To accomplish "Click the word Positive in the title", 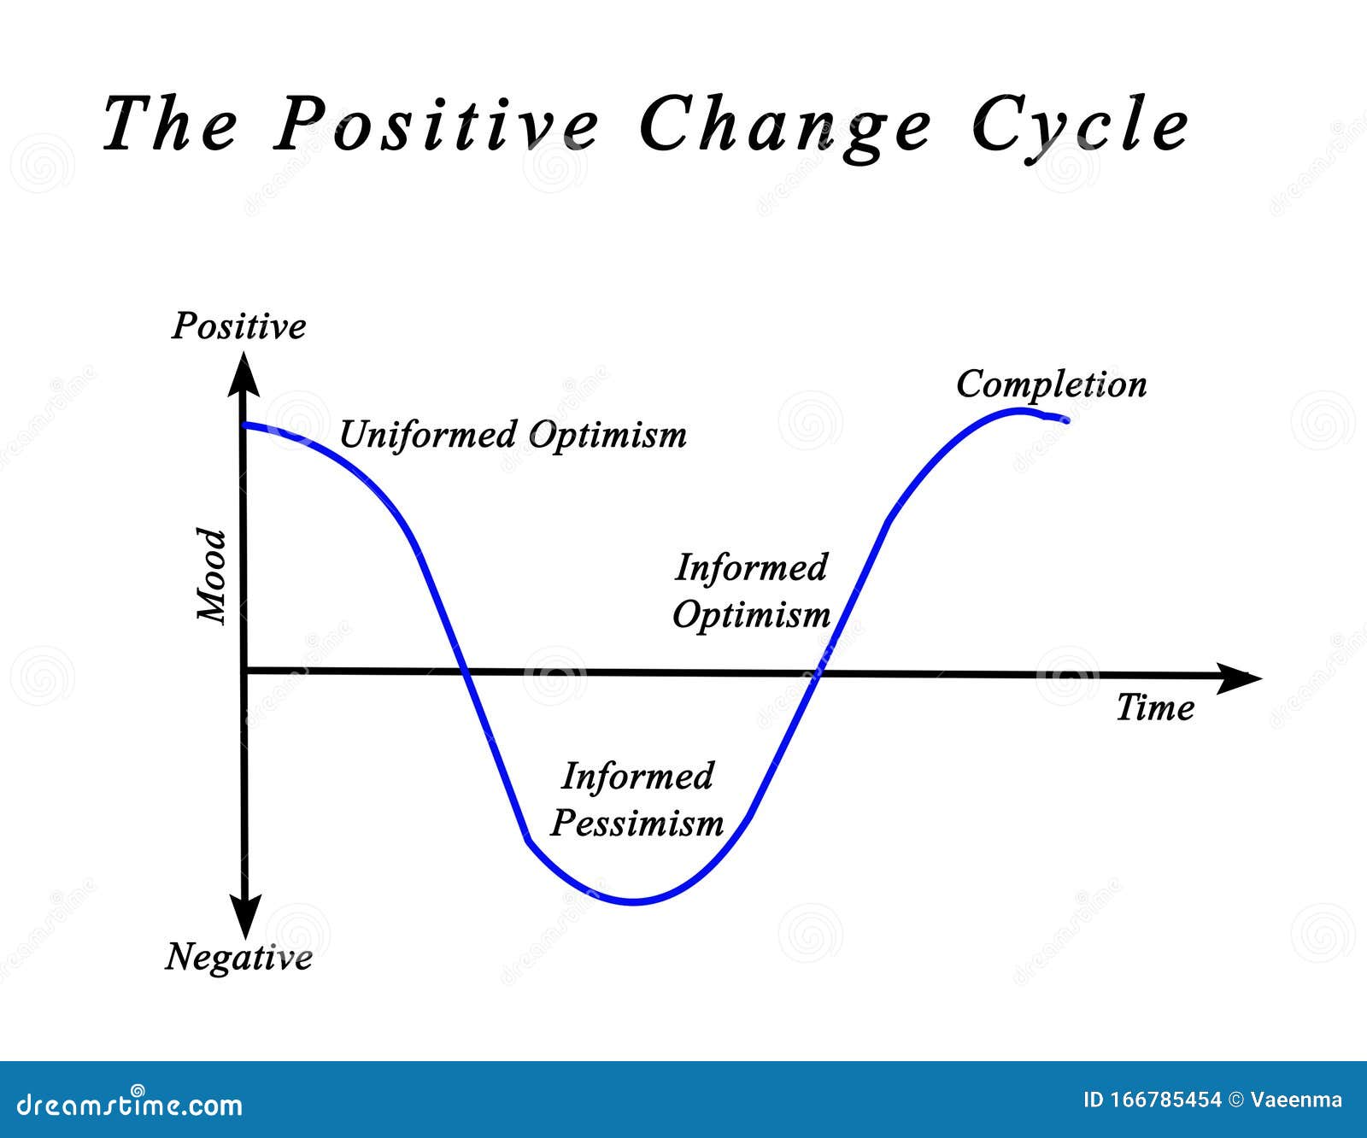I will [437, 125].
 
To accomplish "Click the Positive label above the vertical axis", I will [238, 326].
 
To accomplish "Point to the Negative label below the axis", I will [238, 956].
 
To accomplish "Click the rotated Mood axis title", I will [212, 576].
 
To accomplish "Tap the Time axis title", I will [1155, 707].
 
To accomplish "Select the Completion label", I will [1051, 384].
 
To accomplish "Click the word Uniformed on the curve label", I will [426, 434].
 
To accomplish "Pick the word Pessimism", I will [637, 823].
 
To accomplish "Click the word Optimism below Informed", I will [751, 614].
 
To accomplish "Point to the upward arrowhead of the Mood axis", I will [244, 376].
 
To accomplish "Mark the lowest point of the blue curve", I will [634, 902].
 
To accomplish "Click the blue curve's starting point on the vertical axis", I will [246, 425].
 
